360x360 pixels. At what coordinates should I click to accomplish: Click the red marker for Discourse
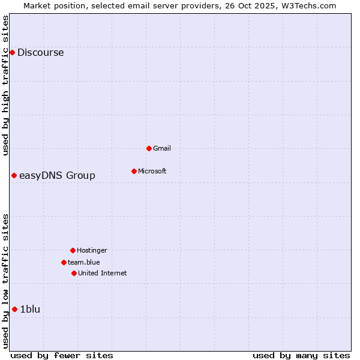pos(12,53)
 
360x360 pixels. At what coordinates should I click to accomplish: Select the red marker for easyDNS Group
pos(14,175)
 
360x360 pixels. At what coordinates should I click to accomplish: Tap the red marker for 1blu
pos(15,309)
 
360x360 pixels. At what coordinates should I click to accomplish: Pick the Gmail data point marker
pos(149,148)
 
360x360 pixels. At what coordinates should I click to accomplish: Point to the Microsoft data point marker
pos(134,171)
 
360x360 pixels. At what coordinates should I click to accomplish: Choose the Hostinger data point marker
pos(73,250)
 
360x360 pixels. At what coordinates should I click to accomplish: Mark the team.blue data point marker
pos(64,262)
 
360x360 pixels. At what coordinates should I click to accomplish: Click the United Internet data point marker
pos(74,273)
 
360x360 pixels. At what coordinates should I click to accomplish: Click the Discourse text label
pos(40,53)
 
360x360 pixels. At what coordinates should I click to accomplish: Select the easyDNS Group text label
pos(57,175)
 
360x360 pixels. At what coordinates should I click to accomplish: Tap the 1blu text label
pos(30,309)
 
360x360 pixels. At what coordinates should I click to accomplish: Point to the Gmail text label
pos(162,148)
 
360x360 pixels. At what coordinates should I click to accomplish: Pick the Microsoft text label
pos(152,171)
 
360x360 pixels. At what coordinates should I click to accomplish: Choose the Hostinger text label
pos(92,250)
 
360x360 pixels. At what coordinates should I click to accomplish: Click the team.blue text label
pos(84,262)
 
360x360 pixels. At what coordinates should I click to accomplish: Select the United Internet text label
pos(103,273)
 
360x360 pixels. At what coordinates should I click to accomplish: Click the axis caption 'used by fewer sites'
pos(62,355)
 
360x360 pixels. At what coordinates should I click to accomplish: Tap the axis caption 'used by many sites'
pos(301,355)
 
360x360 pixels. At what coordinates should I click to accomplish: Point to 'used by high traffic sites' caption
pos(5,85)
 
